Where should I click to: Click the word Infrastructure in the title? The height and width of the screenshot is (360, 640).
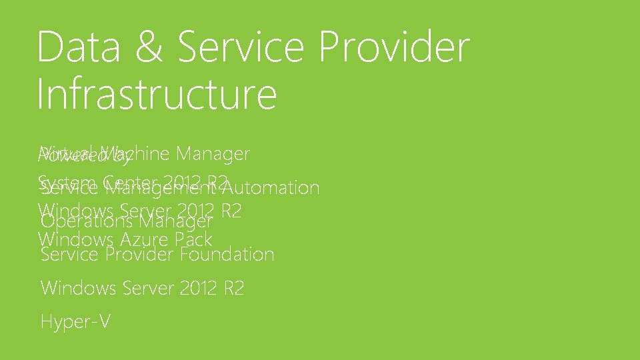click(157, 95)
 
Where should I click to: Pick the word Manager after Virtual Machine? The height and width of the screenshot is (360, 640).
click(213, 154)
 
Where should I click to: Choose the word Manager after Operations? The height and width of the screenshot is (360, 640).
click(176, 221)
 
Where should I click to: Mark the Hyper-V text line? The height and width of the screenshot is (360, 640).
click(75, 322)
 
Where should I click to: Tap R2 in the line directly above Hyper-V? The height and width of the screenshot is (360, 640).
click(233, 289)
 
